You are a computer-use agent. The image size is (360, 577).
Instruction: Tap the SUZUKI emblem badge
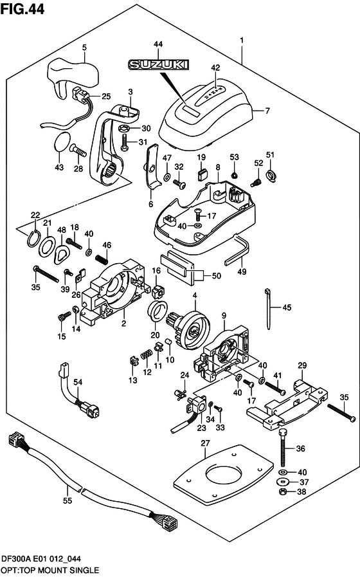(x=158, y=64)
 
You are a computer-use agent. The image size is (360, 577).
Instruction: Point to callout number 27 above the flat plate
(x=205, y=443)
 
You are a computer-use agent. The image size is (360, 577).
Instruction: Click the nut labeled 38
(x=282, y=493)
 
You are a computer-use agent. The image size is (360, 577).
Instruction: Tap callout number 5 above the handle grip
(x=84, y=47)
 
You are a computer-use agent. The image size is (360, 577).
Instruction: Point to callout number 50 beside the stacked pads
(x=216, y=276)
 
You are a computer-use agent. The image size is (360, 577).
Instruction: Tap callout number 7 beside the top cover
(x=268, y=111)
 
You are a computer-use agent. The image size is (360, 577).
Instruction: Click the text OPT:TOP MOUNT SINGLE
(x=50, y=570)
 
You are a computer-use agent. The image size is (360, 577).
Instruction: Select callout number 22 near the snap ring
(x=35, y=215)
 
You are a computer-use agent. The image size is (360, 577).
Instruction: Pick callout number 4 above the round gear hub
(x=194, y=295)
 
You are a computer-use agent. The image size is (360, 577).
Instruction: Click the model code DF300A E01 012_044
(x=47, y=560)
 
